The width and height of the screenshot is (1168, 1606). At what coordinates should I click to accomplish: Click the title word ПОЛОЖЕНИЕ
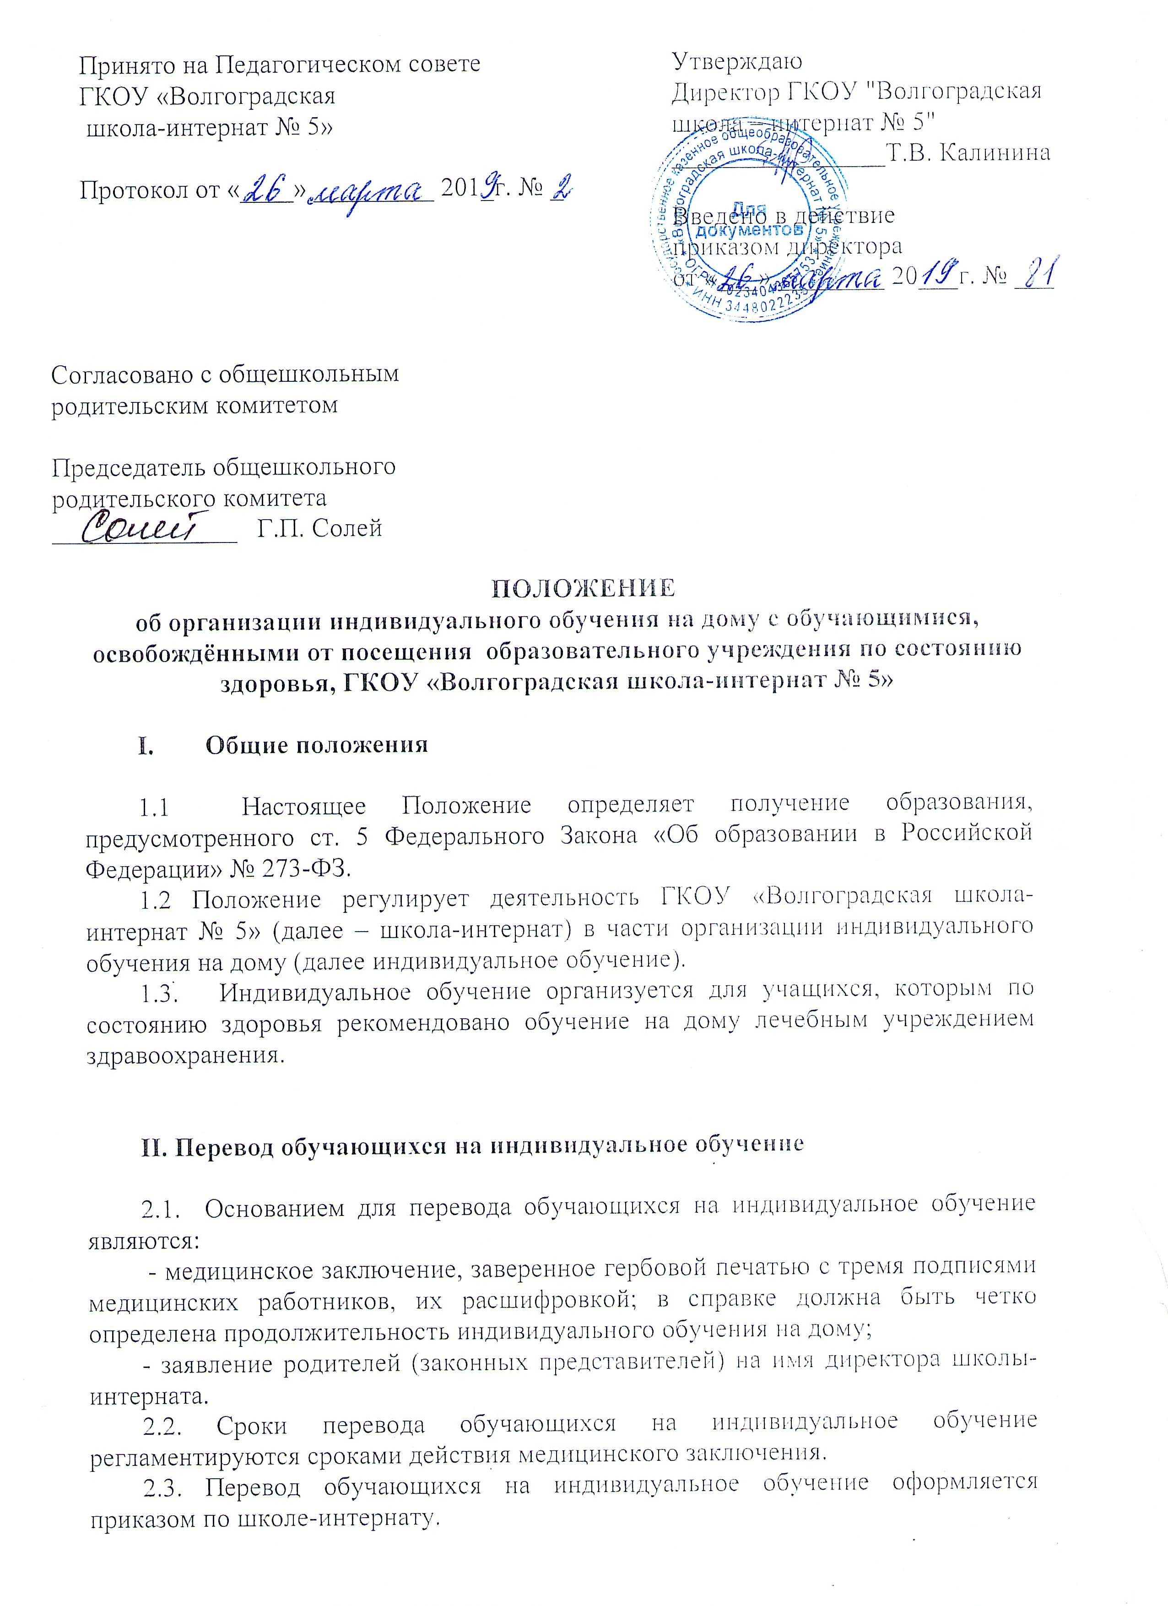[x=583, y=588]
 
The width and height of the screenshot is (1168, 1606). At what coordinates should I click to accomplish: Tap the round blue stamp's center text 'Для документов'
[x=749, y=221]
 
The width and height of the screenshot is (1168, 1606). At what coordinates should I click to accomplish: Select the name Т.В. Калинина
[x=968, y=152]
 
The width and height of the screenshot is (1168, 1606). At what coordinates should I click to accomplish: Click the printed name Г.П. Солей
[x=319, y=528]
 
